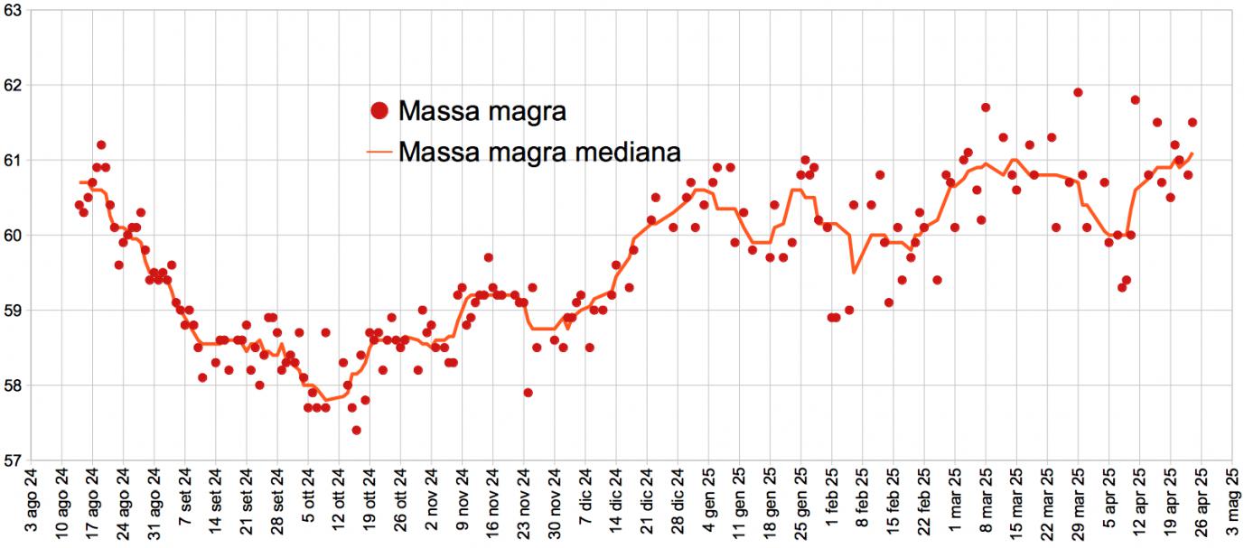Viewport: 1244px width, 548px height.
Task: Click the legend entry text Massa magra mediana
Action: point(538,151)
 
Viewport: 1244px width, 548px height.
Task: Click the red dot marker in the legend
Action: point(379,111)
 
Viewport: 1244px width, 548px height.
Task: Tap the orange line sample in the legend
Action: point(380,152)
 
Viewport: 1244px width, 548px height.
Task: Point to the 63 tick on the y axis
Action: point(13,9)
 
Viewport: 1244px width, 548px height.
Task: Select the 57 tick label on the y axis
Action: point(13,460)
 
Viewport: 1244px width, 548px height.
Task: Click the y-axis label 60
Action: point(13,235)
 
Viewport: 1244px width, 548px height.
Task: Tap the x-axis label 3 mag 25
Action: point(1231,500)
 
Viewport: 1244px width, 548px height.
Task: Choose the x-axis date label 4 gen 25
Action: point(709,500)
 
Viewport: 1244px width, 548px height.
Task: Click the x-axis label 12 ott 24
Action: point(339,500)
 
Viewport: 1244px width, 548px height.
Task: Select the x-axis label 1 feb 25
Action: point(832,500)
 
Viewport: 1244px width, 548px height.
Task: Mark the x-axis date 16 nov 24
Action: point(493,500)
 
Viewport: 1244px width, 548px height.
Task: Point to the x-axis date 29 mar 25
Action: point(1078,500)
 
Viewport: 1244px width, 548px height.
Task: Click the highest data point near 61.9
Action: point(1078,92)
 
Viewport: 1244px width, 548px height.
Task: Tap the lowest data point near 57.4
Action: point(357,430)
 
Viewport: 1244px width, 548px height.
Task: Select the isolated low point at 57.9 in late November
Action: point(528,393)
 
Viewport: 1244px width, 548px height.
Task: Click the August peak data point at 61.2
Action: point(101,144)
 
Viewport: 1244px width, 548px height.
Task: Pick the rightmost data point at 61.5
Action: point(1193,122)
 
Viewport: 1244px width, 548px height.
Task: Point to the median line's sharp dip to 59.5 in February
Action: point(854,272)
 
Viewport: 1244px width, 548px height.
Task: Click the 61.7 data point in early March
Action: point(986,107)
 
